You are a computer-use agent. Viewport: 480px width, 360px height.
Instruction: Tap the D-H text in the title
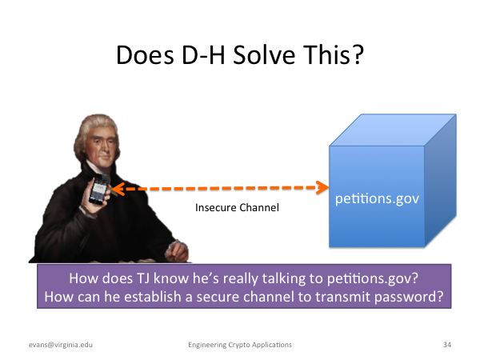point(203,54)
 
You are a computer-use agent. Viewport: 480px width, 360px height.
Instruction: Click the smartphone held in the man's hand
point(98,190)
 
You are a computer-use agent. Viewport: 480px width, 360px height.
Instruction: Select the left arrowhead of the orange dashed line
point(118,189)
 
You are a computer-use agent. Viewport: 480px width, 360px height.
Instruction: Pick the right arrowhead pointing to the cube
point(322,187)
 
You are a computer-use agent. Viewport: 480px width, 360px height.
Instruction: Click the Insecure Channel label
point(237,207)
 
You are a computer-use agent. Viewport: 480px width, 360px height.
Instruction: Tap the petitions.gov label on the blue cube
point(377,199)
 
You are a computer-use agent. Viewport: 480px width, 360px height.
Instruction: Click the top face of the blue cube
point(393,130)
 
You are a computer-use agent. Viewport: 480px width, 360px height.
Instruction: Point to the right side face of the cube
point(441,180)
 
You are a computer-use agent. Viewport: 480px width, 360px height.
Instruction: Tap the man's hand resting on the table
point(178,251)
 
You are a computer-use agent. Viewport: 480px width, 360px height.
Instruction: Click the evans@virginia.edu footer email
point(61,345)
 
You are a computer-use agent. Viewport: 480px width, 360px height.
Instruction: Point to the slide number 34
point(447,345)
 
